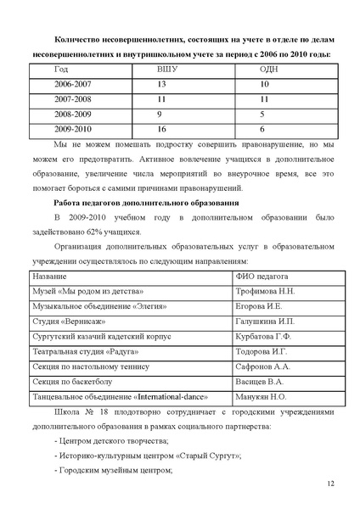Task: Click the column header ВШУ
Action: tap(167, 70)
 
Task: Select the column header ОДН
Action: tap(269, 70)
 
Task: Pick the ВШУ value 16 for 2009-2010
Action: tap(163, 129)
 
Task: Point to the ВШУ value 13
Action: tap(163, 85)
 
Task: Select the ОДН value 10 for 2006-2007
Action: tap(265, 85)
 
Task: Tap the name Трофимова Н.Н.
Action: tap(266, 291)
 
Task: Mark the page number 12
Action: tap(330, 483)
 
